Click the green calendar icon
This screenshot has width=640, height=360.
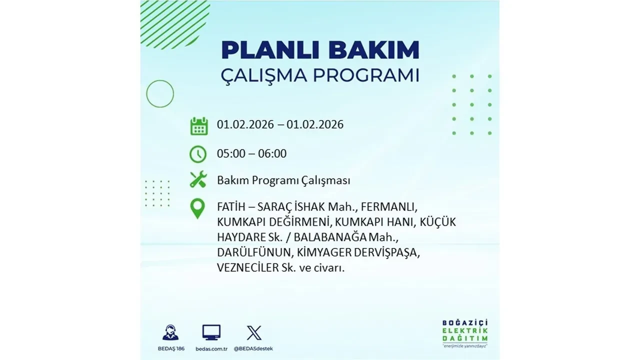(198, 126)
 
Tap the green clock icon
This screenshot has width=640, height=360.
(198, 154)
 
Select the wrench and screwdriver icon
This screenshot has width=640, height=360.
(198, 180)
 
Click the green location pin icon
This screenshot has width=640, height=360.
(198, 208)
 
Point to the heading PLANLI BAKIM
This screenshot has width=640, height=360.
(320, 50)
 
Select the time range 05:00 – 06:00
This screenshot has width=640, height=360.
(251, 153)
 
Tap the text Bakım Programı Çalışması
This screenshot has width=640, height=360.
(283, 180)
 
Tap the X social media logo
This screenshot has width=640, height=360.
(254, 332)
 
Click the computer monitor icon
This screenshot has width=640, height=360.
(211, 332)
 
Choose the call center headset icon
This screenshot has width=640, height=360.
(170, 332)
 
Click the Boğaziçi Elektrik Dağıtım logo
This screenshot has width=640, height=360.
(464, 332)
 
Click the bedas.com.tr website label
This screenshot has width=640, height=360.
(211, 348)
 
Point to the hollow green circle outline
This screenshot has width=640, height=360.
(160, 93)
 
